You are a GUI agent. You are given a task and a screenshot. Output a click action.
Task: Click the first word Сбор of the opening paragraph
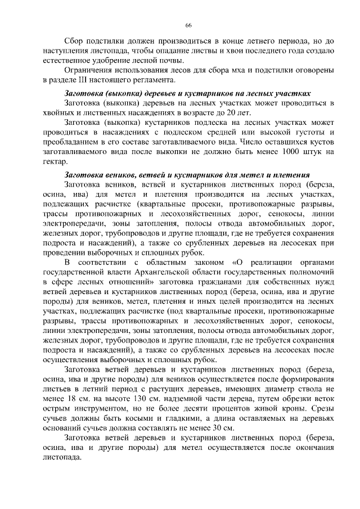(x=75, y=42)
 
